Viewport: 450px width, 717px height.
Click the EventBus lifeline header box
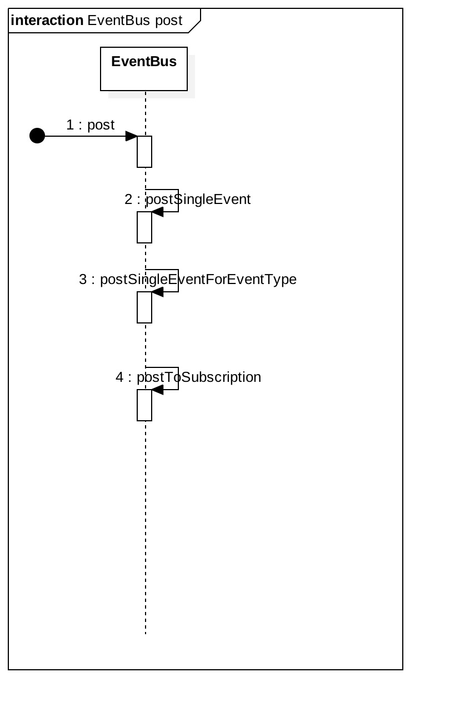click(144, 69)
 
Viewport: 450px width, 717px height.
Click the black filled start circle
click(37, 136)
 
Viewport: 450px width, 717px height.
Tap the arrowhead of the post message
click(132, 136)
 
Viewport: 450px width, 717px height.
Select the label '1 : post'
click(91, 125)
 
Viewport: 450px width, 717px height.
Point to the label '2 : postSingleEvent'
click(188, 200)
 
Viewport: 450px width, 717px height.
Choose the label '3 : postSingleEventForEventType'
click(188, 280)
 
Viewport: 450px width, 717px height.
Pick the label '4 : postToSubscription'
click(188, 377)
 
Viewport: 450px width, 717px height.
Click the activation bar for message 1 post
click(144, 152)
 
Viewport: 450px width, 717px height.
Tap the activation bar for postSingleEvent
click(144, 227)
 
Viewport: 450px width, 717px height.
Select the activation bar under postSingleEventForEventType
click(144, 307)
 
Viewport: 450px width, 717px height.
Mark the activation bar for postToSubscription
click(144, 405)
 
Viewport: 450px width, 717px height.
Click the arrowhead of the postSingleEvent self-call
click(157, 212)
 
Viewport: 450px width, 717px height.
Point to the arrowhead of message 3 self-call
click(157, 292)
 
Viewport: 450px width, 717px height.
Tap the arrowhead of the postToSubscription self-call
click(157, 390)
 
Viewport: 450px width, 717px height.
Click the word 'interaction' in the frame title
click(47, 21)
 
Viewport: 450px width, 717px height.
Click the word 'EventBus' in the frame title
click(119, 21)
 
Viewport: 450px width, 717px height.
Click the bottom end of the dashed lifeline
click(146, 633)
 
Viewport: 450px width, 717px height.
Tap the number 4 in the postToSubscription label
click(119, 377)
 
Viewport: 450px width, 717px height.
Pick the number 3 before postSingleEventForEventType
click(83, 280)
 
